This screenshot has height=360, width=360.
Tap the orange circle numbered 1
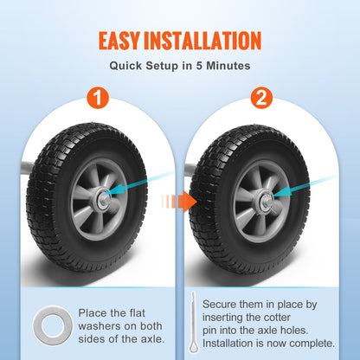pyautogui.click(x=99, y=96)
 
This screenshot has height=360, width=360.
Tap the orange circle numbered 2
pyautogui.click(x=260, y=96)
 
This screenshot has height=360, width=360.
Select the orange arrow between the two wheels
pyautogui.click(x=180, y=201)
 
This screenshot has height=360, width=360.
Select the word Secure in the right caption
pyautogui.click(x=221, y=305)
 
